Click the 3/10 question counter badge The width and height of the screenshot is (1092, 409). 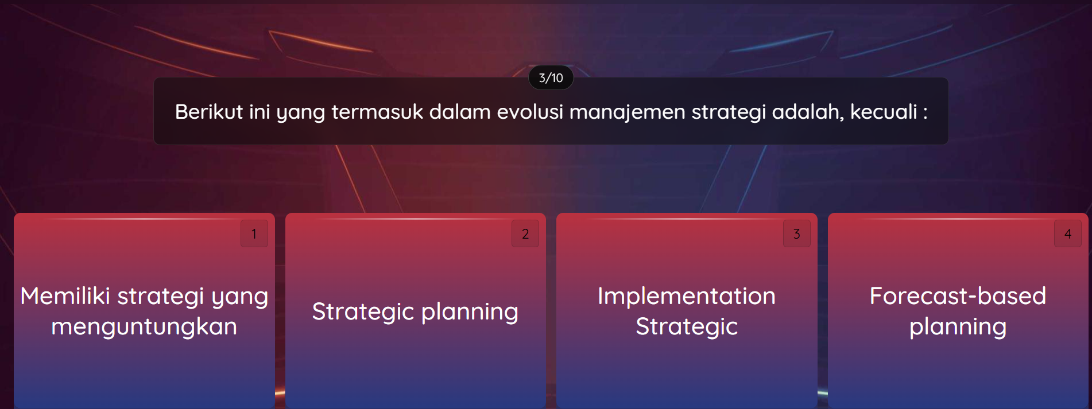[x=551, y=78]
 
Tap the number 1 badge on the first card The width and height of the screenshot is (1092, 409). [x=254, y=233]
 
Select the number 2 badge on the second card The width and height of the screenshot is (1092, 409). [x=525, y=233]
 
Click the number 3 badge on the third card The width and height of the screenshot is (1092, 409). [x=796, y=233]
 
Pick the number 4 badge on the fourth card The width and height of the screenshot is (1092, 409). [x=1067, y=233]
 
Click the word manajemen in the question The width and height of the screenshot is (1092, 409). [x=627, y=112]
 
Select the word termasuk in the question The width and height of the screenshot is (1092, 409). [x=377, y=112]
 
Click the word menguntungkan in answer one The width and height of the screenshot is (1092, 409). [x=144, y=326]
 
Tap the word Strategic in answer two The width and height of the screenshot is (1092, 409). [x=362, y=311]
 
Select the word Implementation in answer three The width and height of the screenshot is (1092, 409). [x=686, y=296]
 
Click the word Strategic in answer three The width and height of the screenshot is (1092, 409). [x=686, y=327]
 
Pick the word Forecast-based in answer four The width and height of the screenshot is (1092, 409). [x=957, y=296]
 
